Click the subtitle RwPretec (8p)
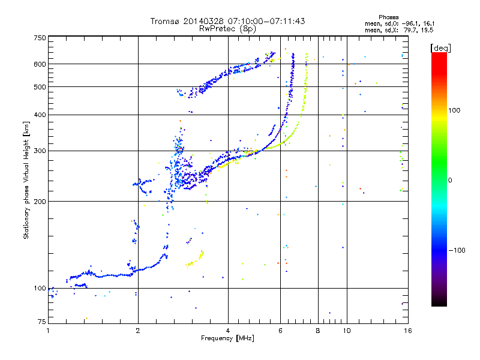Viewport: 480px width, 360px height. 227,29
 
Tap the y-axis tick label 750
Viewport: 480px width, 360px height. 40,38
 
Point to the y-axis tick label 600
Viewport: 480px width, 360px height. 40,64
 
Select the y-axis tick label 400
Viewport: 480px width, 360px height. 40,115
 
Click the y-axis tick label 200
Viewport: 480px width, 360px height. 40,202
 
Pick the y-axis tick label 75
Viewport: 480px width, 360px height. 42,322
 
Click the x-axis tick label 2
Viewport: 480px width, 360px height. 138,331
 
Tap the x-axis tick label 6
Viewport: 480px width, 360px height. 280,331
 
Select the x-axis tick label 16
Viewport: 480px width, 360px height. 408,331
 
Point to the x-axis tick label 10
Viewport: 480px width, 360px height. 347,331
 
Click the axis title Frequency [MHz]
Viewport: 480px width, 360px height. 227,338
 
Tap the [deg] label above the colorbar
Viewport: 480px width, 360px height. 440,48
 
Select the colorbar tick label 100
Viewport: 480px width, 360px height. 454,110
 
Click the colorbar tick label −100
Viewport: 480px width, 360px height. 457,250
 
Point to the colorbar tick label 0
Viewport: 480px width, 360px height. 450,181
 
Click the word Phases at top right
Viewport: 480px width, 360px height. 388,17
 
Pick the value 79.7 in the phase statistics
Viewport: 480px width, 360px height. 410,30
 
